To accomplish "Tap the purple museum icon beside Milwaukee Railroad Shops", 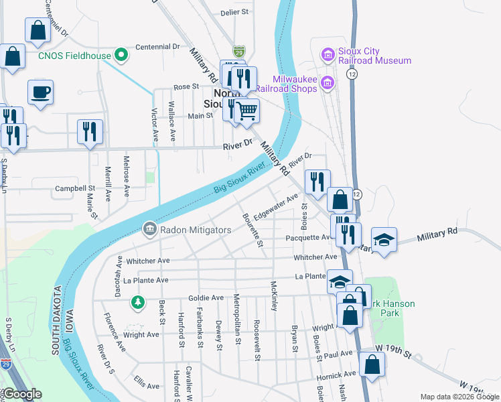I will click(x=328, y=82).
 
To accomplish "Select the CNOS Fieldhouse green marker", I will click(x=121, y=55).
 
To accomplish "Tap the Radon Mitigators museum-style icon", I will click(x=149, y=230).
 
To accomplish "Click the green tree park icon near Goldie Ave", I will click(x=138, y=303).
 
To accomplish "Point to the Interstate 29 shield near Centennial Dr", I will click(x=239, y=51).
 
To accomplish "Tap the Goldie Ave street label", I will click(x=207, y=297).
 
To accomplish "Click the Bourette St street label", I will click(x=252, y=230).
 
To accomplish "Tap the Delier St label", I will click(x=234, y=12).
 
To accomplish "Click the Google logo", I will click(x=21, y=395).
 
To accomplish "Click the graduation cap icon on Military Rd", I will click(x=384, y=239).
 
